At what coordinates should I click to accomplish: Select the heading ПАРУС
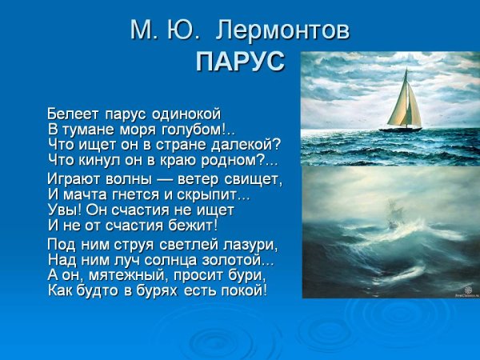coord(240,62)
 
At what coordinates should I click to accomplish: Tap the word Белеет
coord(71,114)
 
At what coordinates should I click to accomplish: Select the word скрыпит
coord(209,194)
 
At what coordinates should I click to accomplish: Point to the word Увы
coord(62,210)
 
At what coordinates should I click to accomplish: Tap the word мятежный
coord(126,275)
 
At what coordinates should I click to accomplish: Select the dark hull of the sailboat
coord(400,128)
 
